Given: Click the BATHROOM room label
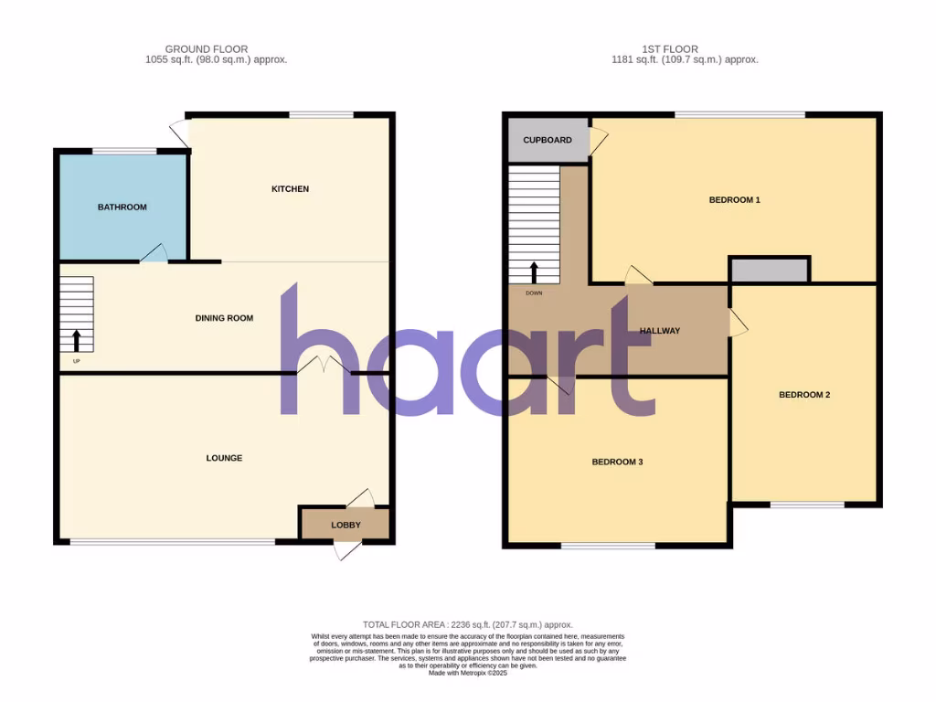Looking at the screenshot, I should tap(122, 207).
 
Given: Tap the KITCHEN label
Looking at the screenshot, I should tap(290, 189).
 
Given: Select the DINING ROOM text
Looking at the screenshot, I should tap(224, 318).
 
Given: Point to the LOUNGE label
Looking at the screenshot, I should tap(224, 458).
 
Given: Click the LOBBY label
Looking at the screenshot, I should tap(346, 525).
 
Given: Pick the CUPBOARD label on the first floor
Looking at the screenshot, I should tap(548, 140).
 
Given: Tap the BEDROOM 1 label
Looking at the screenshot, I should tap(735, 199).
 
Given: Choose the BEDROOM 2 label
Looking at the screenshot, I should tap(804, 395).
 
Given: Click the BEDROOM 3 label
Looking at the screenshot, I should tap(617, 462).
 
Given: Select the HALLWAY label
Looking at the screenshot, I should tap(660, 331).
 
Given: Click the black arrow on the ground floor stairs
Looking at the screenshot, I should tap(76, 341).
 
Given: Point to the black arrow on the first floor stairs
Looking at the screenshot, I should tap(533, 272).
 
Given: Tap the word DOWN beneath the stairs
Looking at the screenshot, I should tap(533, 293).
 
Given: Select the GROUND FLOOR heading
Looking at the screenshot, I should tap(206, 49).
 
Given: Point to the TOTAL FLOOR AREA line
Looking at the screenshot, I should tap(467, 624).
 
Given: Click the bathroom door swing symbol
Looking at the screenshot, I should tap(154, 253).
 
